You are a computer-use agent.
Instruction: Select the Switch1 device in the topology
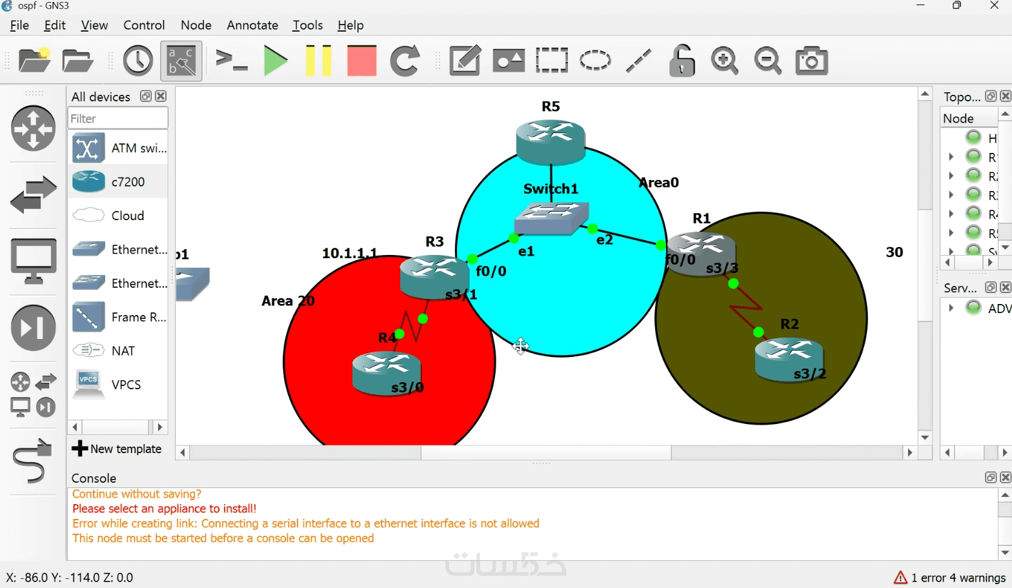click(x=551, y=218)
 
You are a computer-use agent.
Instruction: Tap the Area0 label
click(x=658, y=183)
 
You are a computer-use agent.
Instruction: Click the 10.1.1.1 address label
click(x=349, y=253)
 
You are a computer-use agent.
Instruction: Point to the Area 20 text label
click(x=288, y=301)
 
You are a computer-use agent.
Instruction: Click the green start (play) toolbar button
click(x=276, y=61)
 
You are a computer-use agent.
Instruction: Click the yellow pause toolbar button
click(x=318, y=61)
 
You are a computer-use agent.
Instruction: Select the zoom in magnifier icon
click(x=724, y=61)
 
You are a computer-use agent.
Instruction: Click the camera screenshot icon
click(x=811, y=61)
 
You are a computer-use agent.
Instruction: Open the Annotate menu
click(x=252, y=25)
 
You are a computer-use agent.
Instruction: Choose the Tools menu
click(x=307, y=25)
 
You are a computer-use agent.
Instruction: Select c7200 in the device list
click(x=128, y=182)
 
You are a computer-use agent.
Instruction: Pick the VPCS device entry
click(x=126, y=385)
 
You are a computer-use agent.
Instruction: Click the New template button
click(x=117, y=449)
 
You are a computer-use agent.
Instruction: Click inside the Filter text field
click(x=117, y=119)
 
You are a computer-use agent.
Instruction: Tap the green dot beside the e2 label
click(x=592, y=228)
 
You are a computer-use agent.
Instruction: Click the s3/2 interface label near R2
click(x=809, y=374)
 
